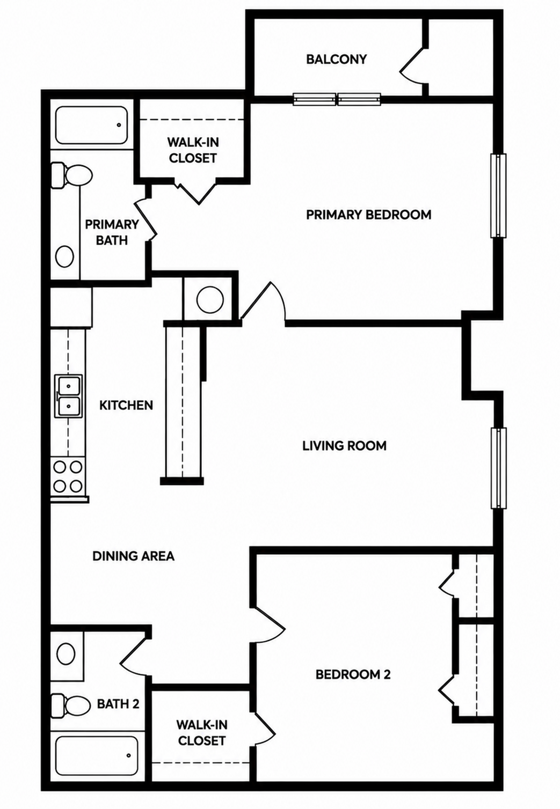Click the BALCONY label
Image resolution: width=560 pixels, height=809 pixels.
(x=336, y=59)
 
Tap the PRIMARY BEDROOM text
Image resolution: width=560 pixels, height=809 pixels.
(x=369, y=215)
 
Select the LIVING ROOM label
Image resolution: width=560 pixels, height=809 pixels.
(x=344, y=446)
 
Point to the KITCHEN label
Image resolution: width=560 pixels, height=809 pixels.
(x=126, y=405)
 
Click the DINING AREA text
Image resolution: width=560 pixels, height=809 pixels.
(x=133, y=556)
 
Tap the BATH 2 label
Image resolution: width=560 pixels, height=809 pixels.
(x=118, y=703)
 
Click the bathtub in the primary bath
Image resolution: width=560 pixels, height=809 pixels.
(x=92, y=125)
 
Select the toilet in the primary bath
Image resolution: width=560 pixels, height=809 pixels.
(x=71, y=176)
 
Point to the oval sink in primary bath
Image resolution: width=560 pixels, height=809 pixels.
(x=65, y=256)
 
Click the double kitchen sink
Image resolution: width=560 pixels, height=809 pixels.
(x=68, y=396)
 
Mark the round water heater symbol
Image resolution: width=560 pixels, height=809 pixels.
(x=210, y=299)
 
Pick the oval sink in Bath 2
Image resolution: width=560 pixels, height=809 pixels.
(x=67, y=654)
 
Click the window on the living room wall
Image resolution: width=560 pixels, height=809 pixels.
(x=498, y=468)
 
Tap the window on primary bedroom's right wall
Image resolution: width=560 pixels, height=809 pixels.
(x=498, y=195)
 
